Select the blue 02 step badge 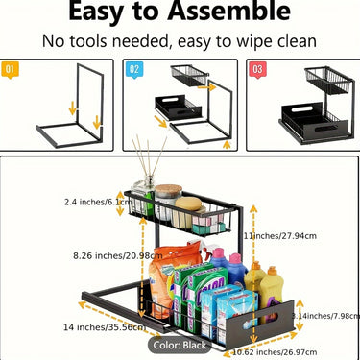133,69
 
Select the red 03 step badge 256,69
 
